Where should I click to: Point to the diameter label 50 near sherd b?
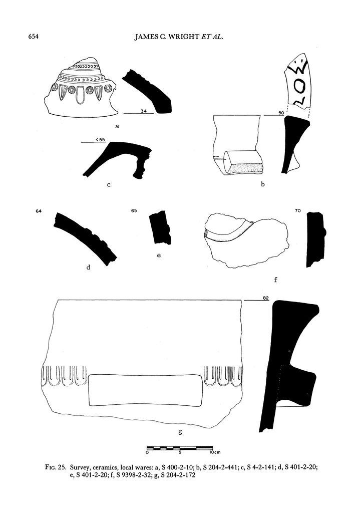pyautogui.click(x=281, y=114)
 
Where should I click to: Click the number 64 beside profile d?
pyautogui.click(x=39, y=211)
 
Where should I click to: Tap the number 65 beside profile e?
pyautogui.click(x=134, y=211)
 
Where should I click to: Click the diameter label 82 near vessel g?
pyautogui.click(x=266, y=299)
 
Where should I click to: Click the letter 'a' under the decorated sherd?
pyautogui.click(x=117, y=127)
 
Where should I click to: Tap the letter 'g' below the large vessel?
pyautogui.click(x=173, y=431)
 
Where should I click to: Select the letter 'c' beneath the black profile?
pyautogui.click(x=109, y=185)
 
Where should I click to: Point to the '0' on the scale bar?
pyautogui.click(x=147, y=452)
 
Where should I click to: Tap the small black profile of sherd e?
pyautogui.click(x=161, y=228)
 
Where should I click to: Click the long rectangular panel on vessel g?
pyautogui.click(x=146, y=389)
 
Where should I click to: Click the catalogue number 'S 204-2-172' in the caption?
pyautogui.click(x=174, y=475)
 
